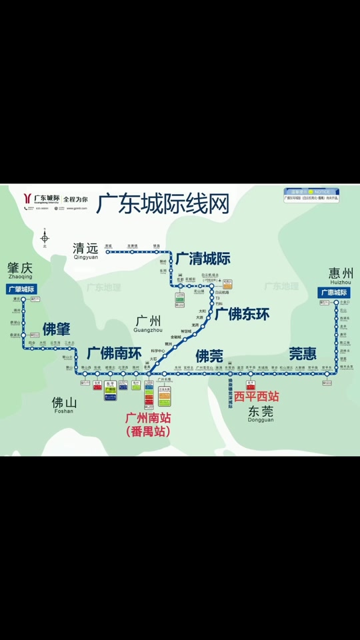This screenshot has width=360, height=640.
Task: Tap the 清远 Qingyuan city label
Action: point(85,251)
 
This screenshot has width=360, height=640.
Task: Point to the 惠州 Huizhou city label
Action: point(341,275)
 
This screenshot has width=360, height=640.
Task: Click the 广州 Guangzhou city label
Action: point(148,324)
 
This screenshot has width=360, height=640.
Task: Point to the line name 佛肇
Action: point(57,329)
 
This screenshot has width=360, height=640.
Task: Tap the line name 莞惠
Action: point(303,353)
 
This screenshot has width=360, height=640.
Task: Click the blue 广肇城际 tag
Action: point(21,289)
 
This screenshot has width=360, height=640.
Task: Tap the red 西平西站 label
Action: point(256,396)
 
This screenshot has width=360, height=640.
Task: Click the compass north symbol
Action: point(45,237)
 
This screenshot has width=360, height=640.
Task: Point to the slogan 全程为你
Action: point(76,199)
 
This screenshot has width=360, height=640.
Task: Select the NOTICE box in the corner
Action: point(311,195)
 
